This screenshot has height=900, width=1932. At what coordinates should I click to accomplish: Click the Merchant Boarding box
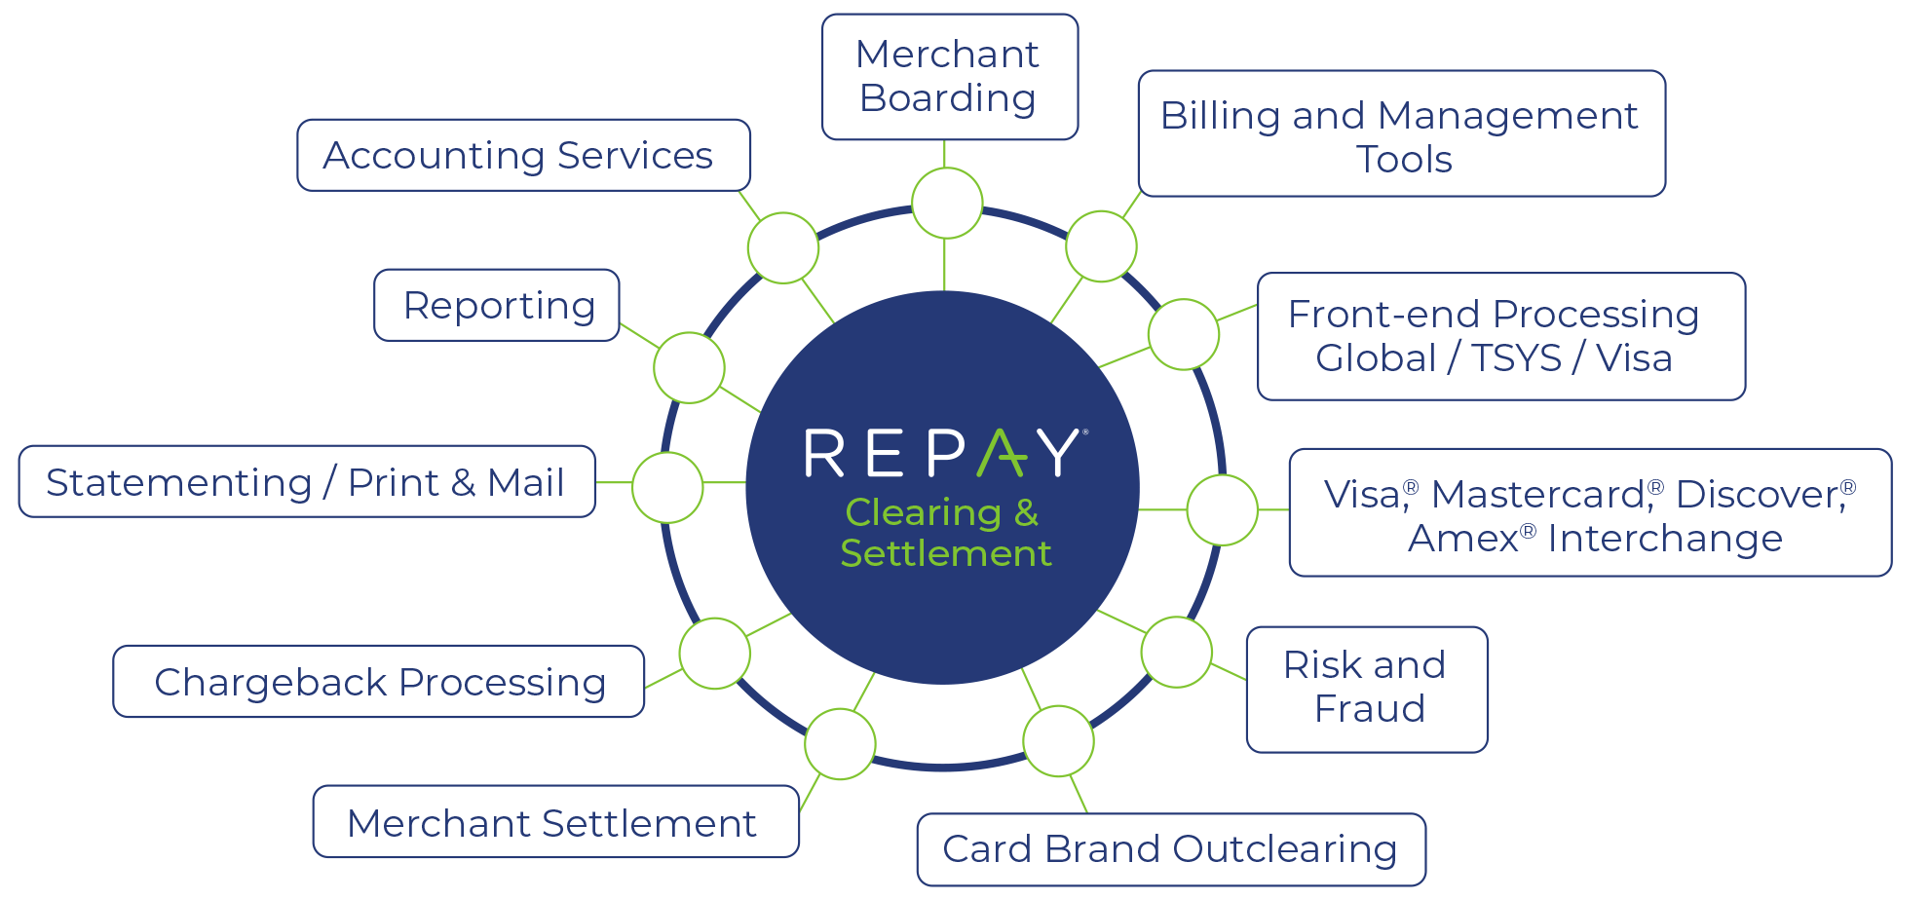949,77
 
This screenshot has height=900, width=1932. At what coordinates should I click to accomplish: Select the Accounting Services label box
523,156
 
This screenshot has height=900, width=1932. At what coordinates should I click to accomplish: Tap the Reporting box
497,306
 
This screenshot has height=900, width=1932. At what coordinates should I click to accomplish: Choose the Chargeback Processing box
379,682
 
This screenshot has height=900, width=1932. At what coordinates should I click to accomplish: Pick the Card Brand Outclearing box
1170,849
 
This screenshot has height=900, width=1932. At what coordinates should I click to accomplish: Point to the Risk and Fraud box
1367,689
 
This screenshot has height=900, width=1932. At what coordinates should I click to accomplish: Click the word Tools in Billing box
1404,160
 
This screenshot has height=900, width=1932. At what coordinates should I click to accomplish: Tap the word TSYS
1516,358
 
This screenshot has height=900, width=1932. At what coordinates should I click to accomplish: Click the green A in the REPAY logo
1003,453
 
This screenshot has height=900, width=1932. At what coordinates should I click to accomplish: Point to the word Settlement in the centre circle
945,554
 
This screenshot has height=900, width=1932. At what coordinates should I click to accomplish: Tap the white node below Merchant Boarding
947,203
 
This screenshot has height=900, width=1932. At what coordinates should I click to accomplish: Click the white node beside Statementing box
667,487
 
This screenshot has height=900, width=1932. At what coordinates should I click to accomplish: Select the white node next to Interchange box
1222,509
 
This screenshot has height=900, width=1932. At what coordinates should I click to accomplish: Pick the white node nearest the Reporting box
689,367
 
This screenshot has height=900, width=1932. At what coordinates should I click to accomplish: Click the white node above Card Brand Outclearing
1058,741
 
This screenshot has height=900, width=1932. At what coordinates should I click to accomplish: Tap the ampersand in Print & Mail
463,483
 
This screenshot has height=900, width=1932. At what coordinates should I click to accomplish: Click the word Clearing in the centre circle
923,512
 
